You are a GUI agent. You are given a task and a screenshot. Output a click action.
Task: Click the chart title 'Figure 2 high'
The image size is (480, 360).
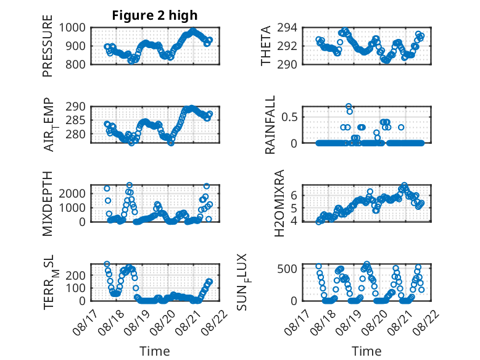tap(155, 15)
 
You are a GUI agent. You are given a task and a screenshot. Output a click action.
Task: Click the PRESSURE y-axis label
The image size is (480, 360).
tap(48, 46)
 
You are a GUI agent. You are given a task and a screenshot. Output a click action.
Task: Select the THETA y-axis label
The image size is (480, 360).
tap(266, 46)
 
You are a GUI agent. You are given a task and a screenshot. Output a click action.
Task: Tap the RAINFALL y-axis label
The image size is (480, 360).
tap(270, 125)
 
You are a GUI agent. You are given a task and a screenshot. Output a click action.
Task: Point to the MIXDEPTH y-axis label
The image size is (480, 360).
tap(48, 203)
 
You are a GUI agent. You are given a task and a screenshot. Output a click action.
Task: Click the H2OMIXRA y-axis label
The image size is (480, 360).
tap(279, 203)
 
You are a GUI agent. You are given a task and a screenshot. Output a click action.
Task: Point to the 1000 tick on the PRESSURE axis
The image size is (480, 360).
tap(72, 28)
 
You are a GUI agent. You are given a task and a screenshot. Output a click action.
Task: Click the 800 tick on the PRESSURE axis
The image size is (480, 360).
tap(75, 65)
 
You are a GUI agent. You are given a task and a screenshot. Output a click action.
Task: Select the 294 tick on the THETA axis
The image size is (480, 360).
tap(287, 28)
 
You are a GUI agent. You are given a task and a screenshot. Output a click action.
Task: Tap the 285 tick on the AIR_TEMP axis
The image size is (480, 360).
tap(75, 120)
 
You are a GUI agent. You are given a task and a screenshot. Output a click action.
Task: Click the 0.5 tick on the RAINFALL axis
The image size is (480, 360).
tap(289, 117)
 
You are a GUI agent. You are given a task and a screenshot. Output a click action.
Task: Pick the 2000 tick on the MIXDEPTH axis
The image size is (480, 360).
tap(72, 194)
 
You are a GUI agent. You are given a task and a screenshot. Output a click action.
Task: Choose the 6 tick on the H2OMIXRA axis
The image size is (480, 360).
tap(294, 195)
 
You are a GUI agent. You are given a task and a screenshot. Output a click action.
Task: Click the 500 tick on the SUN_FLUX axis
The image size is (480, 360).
tap(287, 269)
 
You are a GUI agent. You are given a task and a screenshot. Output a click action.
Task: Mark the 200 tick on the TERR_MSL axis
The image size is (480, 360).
tap(75, 275)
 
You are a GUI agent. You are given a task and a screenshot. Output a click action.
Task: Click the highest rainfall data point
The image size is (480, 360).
tap(349, 106)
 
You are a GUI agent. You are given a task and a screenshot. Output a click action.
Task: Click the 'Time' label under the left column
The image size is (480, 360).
tap(155, 351)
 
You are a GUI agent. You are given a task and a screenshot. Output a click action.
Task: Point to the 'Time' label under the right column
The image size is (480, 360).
tap(366, 351)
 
